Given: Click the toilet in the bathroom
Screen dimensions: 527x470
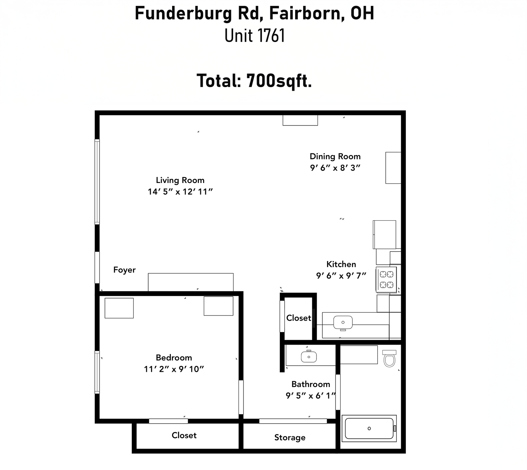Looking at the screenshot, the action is pos(389,358).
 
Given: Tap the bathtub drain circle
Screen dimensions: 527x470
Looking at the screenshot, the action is pos(369,428).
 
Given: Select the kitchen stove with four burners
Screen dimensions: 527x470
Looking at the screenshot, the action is pos(386,279).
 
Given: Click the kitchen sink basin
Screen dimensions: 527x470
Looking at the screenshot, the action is pos(343,322).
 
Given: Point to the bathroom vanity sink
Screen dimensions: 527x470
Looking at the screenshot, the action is pos(309,357).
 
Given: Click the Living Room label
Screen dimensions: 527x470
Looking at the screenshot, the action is pos(180,180).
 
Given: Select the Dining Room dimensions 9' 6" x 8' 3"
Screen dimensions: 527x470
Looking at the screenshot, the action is pos(335,168).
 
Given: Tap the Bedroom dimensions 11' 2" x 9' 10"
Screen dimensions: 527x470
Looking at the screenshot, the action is pos(174,369).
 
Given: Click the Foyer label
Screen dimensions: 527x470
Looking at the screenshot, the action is pos(124,270).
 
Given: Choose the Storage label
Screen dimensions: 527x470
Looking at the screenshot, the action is pos(290,438).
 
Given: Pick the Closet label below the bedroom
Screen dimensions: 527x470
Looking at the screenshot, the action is pos(184,435).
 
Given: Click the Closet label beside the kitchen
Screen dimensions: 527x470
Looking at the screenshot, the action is pos(299,318).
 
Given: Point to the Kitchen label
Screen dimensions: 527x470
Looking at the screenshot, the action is pos(341,264).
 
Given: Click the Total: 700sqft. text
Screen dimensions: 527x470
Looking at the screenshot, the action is pos(254,81).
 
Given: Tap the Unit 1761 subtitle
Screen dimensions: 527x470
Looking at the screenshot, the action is pos(255,36).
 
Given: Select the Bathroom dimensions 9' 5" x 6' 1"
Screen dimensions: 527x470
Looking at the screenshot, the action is pos(311,396).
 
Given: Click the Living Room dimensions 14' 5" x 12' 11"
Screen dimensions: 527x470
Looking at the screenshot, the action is pos(180,192).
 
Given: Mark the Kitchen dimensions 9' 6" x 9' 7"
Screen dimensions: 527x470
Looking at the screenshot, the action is pos(341,276).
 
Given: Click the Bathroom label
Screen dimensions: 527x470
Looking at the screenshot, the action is pos(311,384).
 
